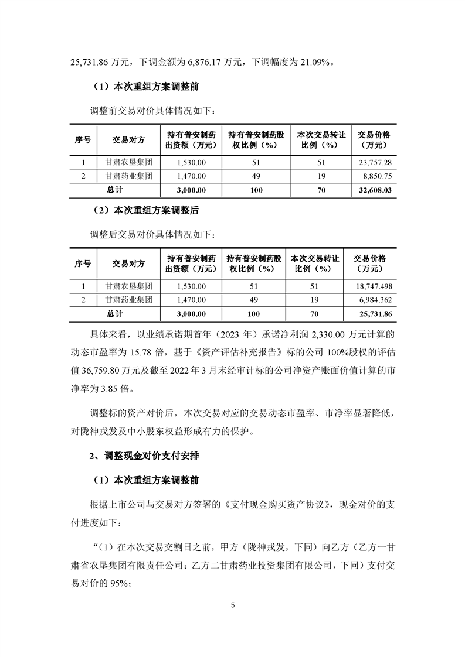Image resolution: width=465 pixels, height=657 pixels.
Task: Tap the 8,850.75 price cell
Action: click(x=378, y=176)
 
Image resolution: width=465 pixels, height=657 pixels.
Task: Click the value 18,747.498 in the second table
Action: click(x=371, y=286)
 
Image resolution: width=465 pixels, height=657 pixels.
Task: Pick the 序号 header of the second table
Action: click(x=83, y=264)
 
